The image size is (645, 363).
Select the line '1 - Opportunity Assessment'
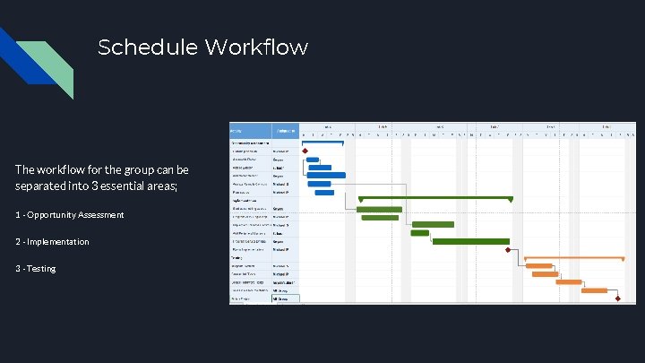(x=69, y=215)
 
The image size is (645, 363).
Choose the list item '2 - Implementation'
(x=52, y=242)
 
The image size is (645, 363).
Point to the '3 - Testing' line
(x=35, y=269)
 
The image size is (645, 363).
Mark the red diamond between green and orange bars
(x=510, y=250)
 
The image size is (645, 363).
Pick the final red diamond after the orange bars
(x=617, y=298)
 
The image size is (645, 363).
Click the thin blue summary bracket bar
(x=322, y=143)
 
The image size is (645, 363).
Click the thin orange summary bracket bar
(x=573, y=258)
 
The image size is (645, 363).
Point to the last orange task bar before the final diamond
(x=595, y=290)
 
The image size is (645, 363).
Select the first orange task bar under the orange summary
(x=538, y=266)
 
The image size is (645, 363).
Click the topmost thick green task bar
(x=379, y=209)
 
